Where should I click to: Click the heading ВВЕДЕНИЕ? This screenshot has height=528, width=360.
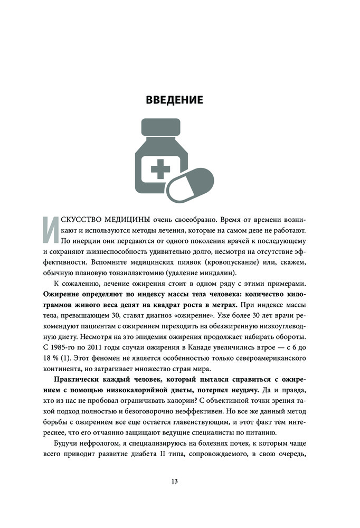(174, 99)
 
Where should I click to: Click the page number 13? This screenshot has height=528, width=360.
(175, 481)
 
